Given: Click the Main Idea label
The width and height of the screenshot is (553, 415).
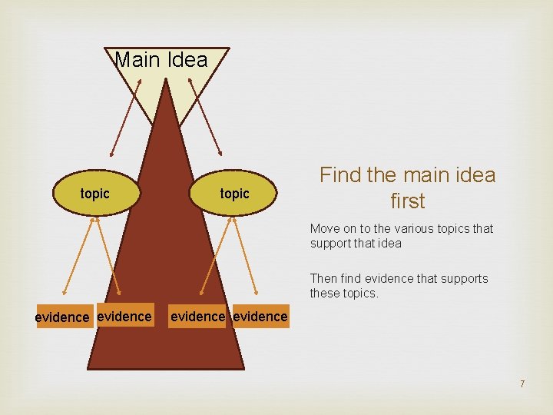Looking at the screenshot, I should pyautogui.click(x=161, y=60).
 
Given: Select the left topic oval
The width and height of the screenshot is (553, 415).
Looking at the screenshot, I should pyautogui.click(x=95, y=194).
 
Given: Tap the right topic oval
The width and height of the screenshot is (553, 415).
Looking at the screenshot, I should pyautogui.click(x=235, y=194).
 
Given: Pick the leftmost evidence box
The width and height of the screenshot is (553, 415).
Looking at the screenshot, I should pyautogui.click(x=65, y=317).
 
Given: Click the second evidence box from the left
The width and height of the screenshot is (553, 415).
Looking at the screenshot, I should pyautogui.click(x=124, y=316).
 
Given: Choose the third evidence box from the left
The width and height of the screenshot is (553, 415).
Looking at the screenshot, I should pyautogui.click(x=197, y=316).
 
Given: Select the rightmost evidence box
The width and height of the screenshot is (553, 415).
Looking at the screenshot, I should pyautogui.click(x=261, y=316).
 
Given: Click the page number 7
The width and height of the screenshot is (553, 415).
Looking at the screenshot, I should pyautogui.click(x=522, y=383).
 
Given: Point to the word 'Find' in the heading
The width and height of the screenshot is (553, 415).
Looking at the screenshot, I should pyautogui.click(x=339, y=175).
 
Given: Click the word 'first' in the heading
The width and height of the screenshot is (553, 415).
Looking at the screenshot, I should pyautogui.click(x=407, y=201).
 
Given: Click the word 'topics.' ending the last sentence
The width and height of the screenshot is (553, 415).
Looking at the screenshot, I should pyautogui.click(x=361, y=294).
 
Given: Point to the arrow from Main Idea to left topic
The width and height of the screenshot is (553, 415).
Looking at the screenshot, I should pyautogui.click(x=125, y=115).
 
